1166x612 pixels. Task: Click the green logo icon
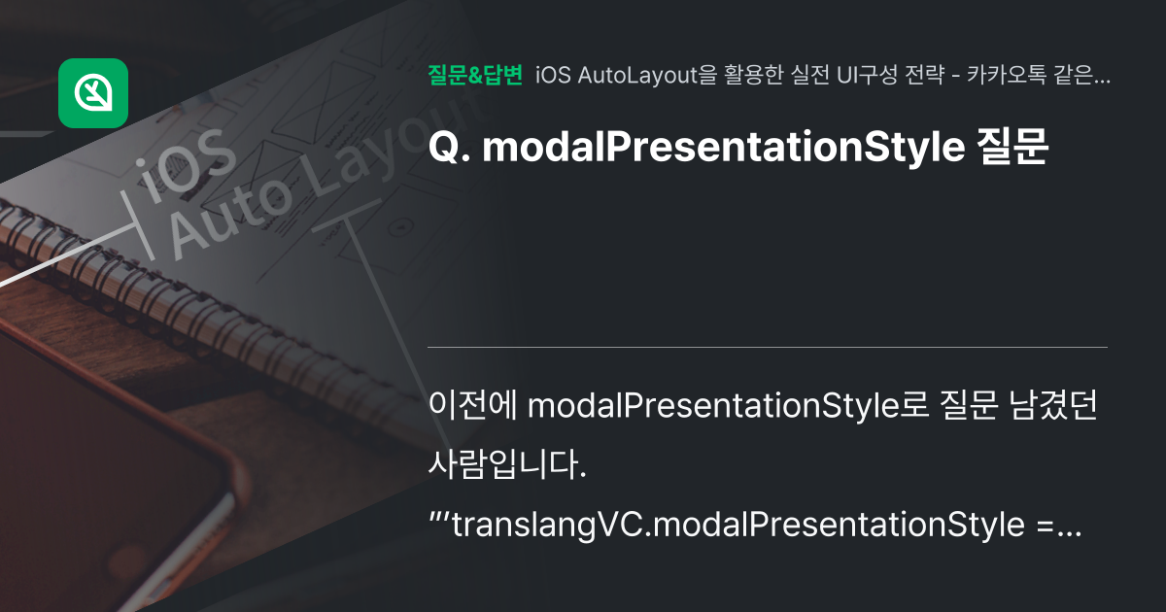(x=93, y=93)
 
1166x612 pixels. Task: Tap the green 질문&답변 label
(x=475, y=75)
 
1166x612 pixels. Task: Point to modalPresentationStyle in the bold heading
(x=723, y=148)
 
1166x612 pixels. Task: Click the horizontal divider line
(x=768, y=347)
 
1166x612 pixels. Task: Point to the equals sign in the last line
(x=1046, y=526)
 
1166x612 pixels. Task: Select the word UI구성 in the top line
(x=868, y=76)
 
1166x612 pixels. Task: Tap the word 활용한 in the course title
(x=753, y=76)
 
